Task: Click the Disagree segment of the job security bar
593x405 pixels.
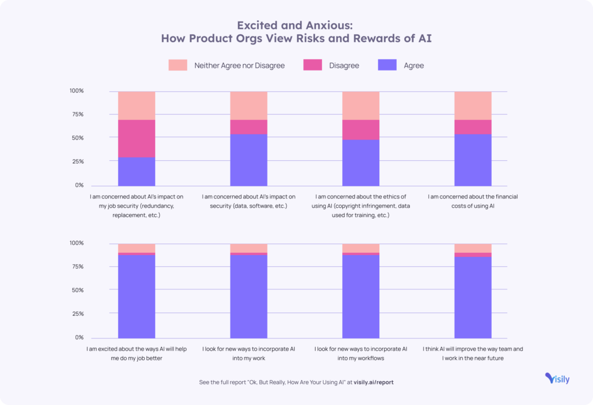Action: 137,138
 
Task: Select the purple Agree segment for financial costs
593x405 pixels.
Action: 473,159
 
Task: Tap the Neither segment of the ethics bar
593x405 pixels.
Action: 361,105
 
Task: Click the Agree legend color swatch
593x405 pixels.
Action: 386,65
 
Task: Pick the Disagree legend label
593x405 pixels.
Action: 344,65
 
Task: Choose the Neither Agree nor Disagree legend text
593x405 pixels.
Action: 240,65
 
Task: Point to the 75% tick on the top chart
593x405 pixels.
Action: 77,115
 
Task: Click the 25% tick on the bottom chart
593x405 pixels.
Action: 77,314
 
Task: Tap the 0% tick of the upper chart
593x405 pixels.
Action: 79,185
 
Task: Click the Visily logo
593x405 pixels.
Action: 557,378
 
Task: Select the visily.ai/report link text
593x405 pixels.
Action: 374,382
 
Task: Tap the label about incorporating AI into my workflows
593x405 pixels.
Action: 361,354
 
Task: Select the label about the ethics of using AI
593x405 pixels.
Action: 361,205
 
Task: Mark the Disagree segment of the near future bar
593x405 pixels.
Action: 473,255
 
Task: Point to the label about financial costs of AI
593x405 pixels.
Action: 473,201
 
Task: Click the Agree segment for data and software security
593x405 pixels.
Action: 248,159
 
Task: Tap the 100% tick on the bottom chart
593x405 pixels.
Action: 76,243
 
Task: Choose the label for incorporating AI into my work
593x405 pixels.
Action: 248,354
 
